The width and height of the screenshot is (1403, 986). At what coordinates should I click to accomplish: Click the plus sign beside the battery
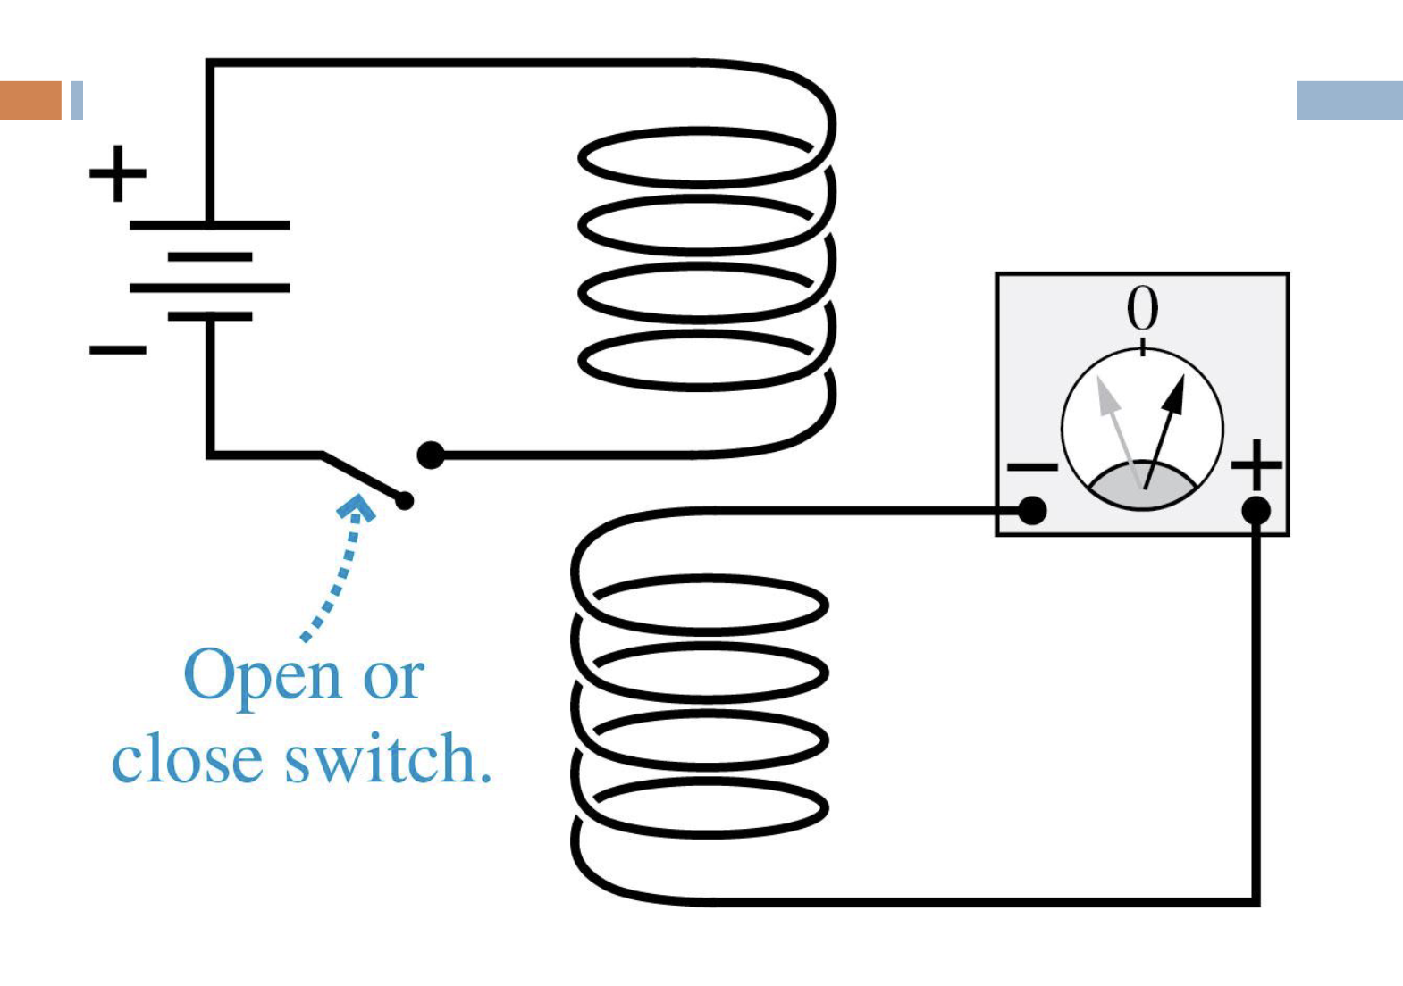pyautogui.click(x=117, y=173)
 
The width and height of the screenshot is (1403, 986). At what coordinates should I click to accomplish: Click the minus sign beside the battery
pyautogui.click(x=117, y=349)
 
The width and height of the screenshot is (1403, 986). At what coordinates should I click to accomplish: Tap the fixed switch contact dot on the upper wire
pyautogui.click(x=431, y=455)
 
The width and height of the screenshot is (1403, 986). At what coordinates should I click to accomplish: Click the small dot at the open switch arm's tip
pyautogui.click(x=405, y=501)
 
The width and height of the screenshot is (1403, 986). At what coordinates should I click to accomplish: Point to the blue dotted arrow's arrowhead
pyautogui.click(x=357, y=508)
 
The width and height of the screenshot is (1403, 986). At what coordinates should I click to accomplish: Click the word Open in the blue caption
pyautogui.click(x=262, y=676)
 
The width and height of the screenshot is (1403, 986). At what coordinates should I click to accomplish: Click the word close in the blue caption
pyautogui.click(x=187, y=759)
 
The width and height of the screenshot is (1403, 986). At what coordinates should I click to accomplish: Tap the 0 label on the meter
pyautogui.click(x=1142, y=309)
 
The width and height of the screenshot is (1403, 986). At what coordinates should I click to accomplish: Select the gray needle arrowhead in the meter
pyautogui.click(x=1106, y=397)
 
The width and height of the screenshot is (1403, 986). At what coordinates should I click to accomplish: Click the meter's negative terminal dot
pyautogui.click(x=1032, y=511)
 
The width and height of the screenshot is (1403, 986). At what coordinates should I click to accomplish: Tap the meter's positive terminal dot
pyautogui.click(x=1256, y=511)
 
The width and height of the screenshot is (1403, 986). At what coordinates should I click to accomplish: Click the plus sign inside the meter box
pyautogui.click(x=1256, y=464)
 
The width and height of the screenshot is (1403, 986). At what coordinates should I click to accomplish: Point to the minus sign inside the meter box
pyautogui.click(x=1032, y=466)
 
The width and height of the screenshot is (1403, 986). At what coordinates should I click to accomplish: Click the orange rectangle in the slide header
pyautogui.click(x=30, y=100)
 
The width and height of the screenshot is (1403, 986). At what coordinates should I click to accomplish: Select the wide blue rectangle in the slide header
pyautogui.click(x=1348, y=100)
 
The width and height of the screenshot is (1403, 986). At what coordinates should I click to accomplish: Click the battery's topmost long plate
pyautogui.click(x=210, y=225)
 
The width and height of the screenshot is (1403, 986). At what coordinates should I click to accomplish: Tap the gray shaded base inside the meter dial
pyautogui.click(x=1141, y=489)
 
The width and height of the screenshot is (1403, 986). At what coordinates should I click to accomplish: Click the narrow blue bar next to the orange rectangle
pyautogui.click(x=77, y=100)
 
